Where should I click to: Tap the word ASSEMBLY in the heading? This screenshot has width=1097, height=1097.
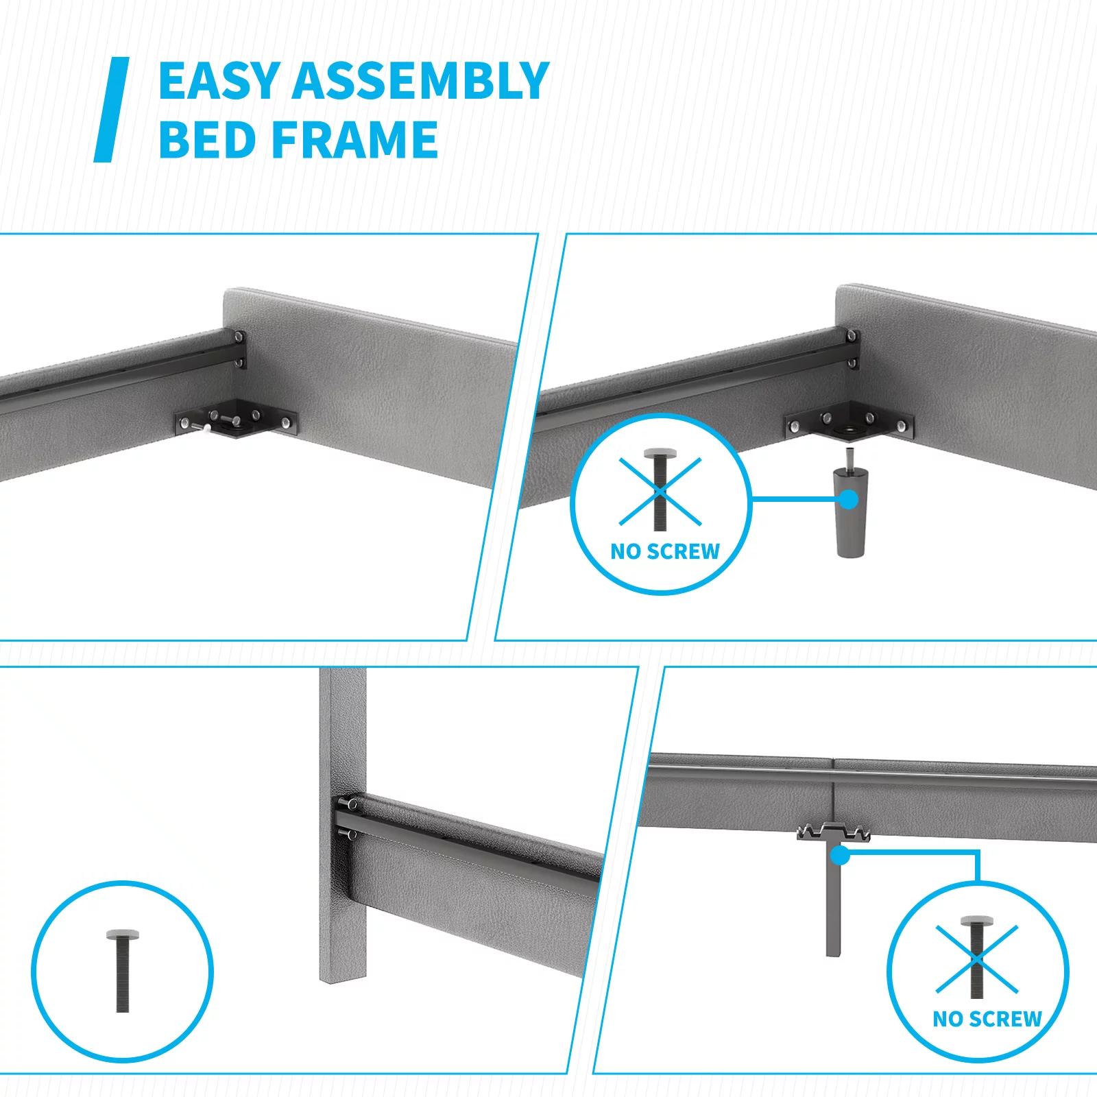click(x=421, y=81)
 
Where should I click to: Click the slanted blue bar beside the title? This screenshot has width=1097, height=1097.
click(x=111, y=110)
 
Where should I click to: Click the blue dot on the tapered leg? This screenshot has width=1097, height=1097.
click(x=848, y=499)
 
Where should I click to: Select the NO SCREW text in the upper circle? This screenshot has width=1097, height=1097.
click(x=665, y=551)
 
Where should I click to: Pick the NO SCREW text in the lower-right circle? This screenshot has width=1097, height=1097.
click(x=987, y=1019)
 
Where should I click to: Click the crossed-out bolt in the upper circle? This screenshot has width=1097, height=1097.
click(x=660, y=490)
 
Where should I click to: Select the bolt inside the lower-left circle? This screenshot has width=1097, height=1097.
click(x=123, y=970)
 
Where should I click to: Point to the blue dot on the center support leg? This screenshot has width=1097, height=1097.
click(x=840, y=856)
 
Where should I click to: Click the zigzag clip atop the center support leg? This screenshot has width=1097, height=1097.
click(x=833, y=832)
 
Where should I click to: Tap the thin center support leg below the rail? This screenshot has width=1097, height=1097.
click(x=833, y=898)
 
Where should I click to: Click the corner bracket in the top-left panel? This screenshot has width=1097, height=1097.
click(x=237, y=418)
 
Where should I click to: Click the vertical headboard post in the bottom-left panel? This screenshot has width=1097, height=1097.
click(x=343, y=826)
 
